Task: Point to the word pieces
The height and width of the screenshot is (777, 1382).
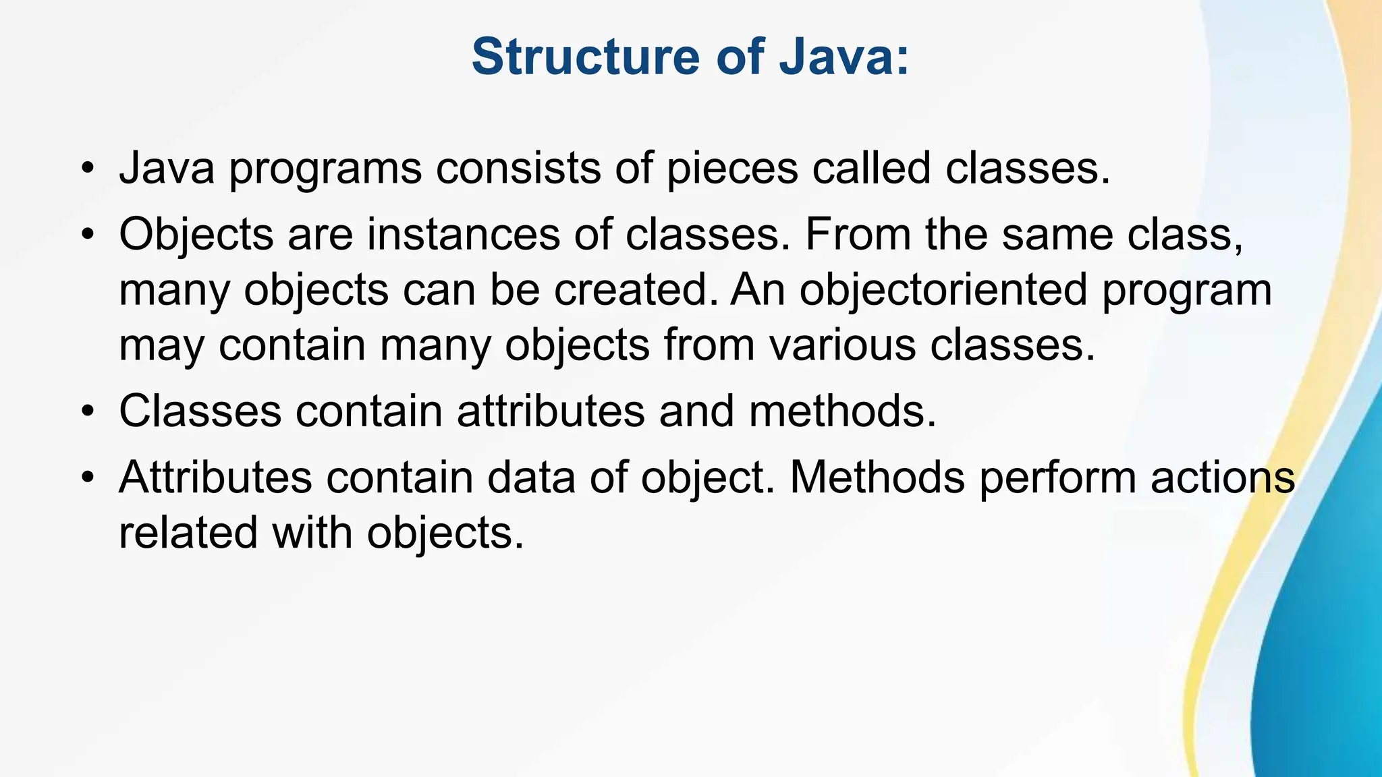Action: click(x=732, y=169)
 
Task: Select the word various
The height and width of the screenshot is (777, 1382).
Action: click(x=843, y=345)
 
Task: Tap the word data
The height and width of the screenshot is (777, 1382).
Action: click(x=531, y=477)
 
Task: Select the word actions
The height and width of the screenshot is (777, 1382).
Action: click(x=1222, y=477)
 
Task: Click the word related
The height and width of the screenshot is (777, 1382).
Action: click(x=188, y=532)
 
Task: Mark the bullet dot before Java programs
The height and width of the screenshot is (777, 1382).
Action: click(x=86, y=169)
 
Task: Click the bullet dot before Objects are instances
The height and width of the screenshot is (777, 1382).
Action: click(x=86, y=235)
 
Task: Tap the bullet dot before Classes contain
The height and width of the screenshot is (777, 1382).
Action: click(x=86, y=412)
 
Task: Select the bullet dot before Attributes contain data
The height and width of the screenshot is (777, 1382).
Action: click(x=86, y=478)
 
